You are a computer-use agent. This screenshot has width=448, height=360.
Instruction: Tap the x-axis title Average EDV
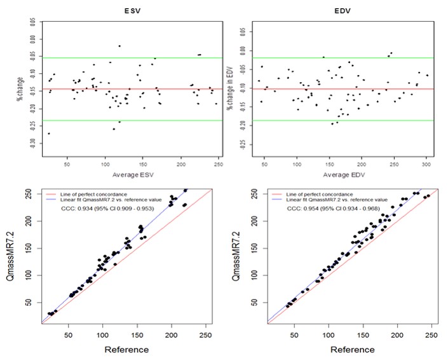(343, 174)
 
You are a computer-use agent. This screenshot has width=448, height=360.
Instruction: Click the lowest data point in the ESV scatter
(49, 134)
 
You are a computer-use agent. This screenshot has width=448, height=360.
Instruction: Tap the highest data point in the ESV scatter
(119, 46)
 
